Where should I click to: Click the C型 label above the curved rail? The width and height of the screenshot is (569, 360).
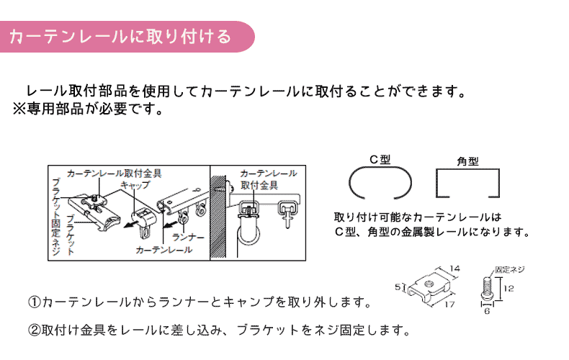380,160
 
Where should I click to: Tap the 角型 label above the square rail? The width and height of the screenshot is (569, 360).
467,161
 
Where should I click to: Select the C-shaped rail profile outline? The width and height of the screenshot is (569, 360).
380,184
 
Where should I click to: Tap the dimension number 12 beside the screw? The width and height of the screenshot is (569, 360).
508,289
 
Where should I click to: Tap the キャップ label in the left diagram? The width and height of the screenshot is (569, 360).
135,185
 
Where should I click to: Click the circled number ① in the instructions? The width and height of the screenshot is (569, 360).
35,300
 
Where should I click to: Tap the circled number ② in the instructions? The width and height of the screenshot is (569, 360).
35,331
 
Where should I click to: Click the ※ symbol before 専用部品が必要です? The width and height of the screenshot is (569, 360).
19,111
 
